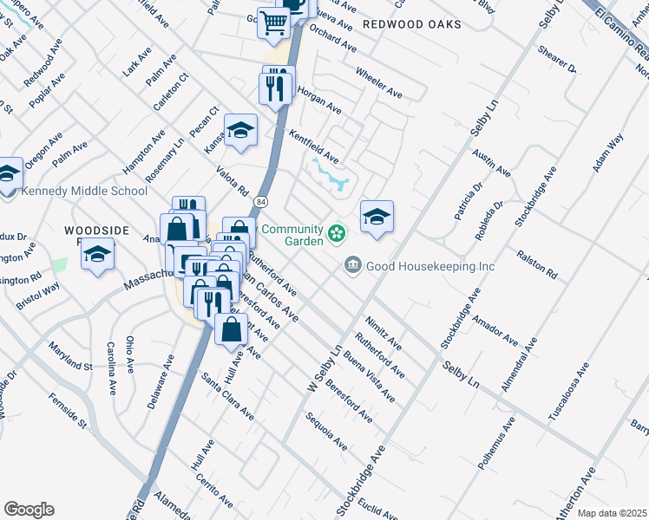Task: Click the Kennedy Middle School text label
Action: (83, 192)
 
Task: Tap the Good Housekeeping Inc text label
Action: (430, 266)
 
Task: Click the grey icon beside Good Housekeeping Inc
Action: (353, 264)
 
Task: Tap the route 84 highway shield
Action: (260, 202)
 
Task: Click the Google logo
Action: (29, 510)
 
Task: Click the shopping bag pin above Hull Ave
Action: (232, 330)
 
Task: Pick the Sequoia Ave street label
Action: (327, 432)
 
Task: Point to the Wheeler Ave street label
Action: (379, 81)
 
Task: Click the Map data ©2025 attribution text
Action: (611, 513)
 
